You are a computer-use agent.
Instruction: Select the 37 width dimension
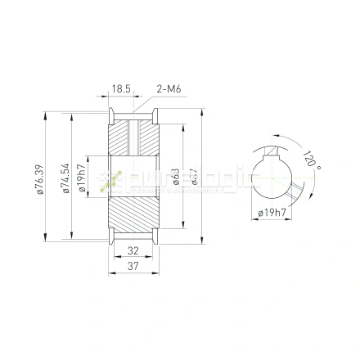tap(133, 267)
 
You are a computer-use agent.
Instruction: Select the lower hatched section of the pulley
tap(133, 217)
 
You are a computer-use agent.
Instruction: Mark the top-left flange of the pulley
tap(110, 115)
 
